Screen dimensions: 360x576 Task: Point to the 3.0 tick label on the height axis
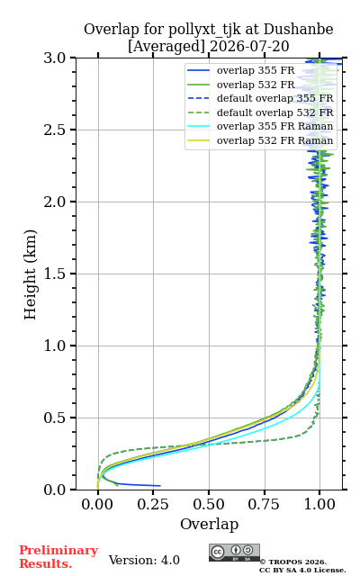55,58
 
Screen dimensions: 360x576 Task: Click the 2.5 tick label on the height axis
55,130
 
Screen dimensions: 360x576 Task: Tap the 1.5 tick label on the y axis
55,274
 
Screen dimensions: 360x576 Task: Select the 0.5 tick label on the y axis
55,418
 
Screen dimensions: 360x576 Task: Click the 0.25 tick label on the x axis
153,504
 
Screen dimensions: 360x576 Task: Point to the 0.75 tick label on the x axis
264,504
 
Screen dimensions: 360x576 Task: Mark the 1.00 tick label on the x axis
319,504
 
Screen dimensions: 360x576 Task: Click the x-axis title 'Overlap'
210,524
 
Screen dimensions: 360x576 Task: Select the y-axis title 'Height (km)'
31,274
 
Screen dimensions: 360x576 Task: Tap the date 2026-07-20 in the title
249,46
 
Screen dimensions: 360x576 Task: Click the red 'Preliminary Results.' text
58,557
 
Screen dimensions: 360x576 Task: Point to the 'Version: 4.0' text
144,560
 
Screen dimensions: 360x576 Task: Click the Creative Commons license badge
234,553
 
